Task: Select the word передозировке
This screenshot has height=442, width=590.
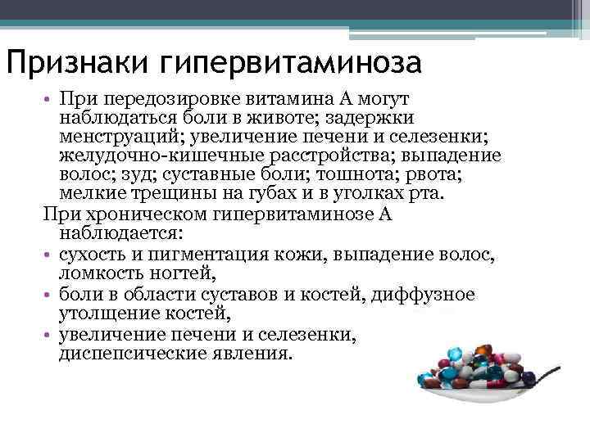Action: pyautogui.click(x=161, y=101)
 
